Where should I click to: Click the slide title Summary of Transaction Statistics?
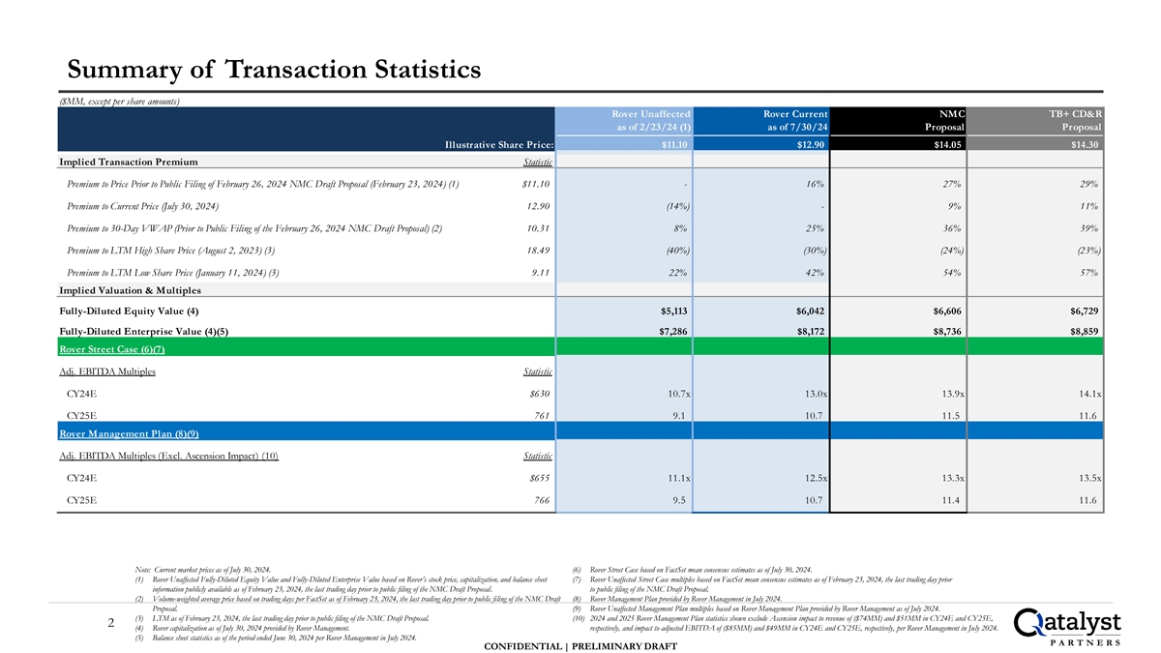[x=274, y=70]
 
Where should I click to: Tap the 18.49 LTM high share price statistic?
[x=539, y=251]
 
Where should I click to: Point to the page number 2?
[x=113, y=625]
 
